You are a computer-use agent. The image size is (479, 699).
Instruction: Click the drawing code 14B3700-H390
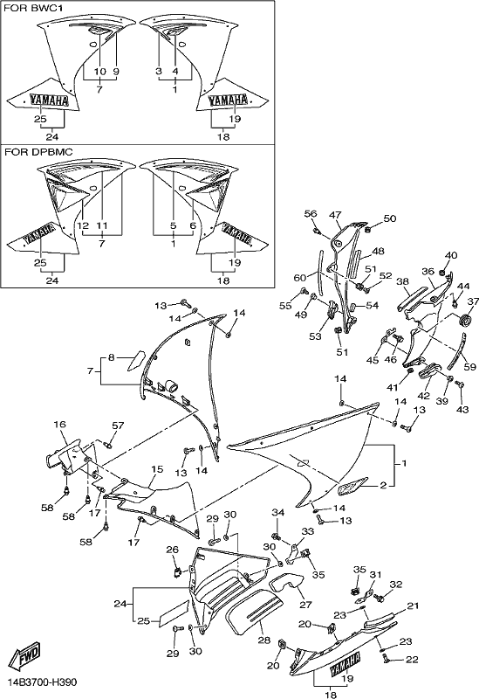point(41,682)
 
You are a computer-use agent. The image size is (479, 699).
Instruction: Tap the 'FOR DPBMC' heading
point(38,152)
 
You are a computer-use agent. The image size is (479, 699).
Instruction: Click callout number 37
point(473,301)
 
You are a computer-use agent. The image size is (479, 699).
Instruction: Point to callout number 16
point(59,425)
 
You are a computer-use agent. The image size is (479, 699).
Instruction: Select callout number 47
point(335,215)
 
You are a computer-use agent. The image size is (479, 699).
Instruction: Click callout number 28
point(264,640)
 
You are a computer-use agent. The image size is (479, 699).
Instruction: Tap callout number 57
point(118,426)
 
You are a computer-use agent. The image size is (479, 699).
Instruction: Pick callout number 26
point(172,550)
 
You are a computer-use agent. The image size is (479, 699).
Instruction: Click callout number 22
point(412,660)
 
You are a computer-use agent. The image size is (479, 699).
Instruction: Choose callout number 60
point(299,278)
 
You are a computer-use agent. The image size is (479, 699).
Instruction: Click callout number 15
point(157,469)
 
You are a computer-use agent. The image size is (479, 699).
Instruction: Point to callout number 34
point(277,513)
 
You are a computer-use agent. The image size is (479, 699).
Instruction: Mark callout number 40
point(451,256)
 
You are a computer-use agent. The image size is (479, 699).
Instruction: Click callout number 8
point(111,357)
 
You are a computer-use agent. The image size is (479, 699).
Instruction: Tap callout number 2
point(383,486)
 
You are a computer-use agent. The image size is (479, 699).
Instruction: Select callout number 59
point(469,367)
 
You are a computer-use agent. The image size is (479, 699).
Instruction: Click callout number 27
point(306,605)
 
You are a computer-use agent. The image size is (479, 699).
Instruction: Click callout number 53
point(315,336)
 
